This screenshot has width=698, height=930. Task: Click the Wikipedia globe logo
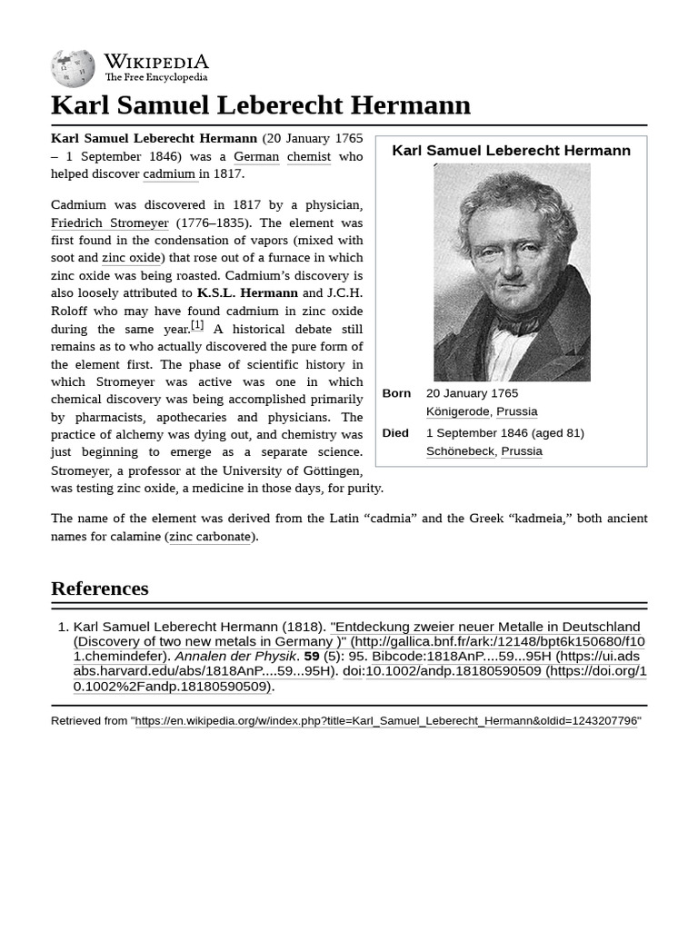[73, 68]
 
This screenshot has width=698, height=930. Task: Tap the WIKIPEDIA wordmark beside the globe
[155, 62]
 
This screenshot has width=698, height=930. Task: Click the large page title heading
[261, 105]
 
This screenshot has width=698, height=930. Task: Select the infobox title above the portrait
[511, 151]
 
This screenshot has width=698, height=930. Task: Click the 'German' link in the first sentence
[256, 156]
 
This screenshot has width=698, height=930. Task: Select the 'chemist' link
[309, 156]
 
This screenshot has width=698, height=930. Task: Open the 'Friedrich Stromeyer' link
[110, 223]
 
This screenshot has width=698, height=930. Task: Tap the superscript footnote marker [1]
[197, 325]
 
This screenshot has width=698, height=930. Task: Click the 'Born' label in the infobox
[396, 393]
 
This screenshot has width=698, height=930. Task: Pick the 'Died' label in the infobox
[395, 433]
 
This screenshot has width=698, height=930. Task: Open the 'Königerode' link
[458, 411]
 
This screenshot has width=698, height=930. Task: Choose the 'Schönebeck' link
[461, 451]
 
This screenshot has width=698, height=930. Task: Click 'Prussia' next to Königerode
[517, 411]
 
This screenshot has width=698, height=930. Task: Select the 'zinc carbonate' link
[210, 536]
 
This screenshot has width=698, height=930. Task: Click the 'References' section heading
[100, 589]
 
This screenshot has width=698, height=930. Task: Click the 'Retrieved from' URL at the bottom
[386, 721]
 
